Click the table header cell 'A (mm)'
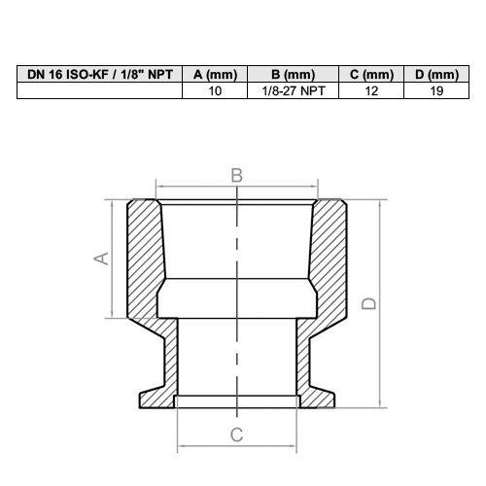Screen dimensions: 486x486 tap(215, 74)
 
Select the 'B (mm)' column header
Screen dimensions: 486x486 tap(294, 74)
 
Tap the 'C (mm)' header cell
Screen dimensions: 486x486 tap(371, 74)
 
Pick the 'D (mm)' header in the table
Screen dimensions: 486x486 tap(436, 74)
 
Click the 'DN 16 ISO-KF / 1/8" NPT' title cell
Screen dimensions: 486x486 tap(100, 74)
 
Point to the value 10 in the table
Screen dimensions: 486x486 tap(215, 90)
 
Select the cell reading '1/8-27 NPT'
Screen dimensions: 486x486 tap(294, 90)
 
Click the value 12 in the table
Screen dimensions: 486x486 tap(371, 90)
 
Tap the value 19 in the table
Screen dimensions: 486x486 tap(436, 90)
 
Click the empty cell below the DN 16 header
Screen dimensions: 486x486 tap(100, 90)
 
